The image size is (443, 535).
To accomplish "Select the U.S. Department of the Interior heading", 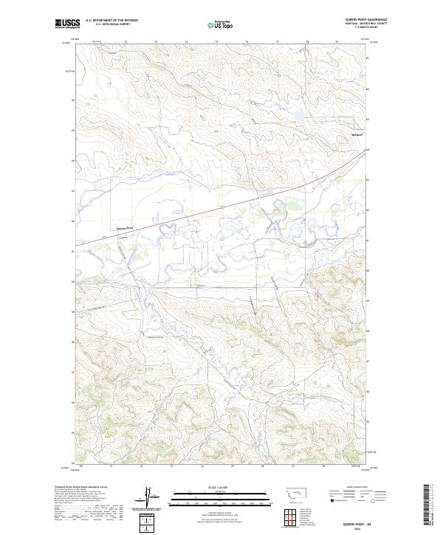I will [111, 21].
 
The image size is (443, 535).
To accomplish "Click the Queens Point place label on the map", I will [126, 229].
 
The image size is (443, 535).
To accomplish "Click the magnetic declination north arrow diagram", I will [151, 496].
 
